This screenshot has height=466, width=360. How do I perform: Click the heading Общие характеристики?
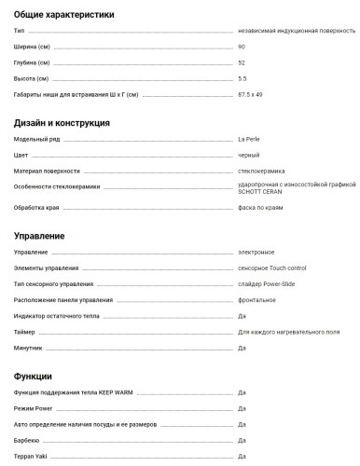64,15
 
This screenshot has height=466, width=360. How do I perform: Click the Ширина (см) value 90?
242,46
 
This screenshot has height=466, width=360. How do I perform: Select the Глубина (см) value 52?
242,62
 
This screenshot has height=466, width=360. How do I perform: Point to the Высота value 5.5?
242,77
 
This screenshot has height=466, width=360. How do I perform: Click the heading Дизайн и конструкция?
62,122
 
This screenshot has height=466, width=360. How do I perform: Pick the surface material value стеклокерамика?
262,171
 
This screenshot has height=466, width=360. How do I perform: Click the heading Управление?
39,236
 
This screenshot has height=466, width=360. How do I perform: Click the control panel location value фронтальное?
256,299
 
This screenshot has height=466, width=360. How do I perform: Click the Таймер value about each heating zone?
288,332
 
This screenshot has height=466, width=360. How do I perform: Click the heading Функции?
34,376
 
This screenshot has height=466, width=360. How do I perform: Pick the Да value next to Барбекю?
242,439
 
